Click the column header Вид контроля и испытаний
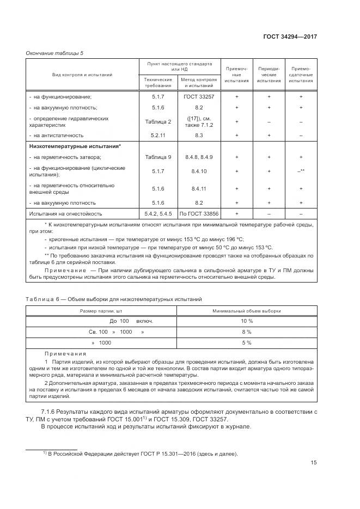(x=83, y=75)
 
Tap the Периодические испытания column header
(x=269, y=75)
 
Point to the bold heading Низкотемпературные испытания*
(x=75, y=146)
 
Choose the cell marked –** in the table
(x=301, y=171)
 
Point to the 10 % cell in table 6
(x=246, y=321)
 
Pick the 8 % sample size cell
(x=246, y=332)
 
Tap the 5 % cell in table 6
(x=246, y=342)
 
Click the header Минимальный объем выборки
(x=246, y=310)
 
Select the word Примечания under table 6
(x=62, y=353)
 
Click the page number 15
(x=314, y=463)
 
